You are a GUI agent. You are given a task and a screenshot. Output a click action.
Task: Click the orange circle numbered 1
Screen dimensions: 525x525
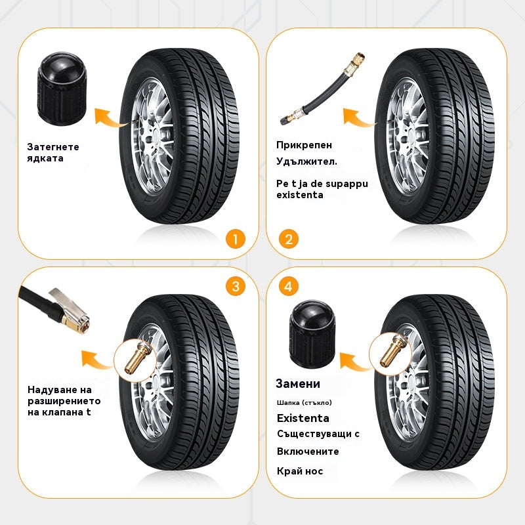pos(234,238)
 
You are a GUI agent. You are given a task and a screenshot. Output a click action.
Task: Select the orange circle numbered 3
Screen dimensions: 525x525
pos(234,287)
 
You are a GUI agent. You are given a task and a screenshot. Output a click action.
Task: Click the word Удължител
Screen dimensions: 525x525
pos(306,161)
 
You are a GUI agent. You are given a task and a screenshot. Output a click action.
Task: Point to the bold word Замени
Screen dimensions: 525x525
pos(298,384)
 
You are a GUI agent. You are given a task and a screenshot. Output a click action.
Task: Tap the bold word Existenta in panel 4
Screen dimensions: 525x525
pos(303,418)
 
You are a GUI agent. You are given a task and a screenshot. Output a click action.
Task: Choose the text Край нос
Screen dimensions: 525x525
pos(300,471)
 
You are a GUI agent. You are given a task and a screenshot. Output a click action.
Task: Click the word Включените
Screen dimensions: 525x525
pos(308,451)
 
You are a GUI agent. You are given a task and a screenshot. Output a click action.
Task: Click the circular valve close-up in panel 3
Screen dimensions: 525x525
pos(135,356)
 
